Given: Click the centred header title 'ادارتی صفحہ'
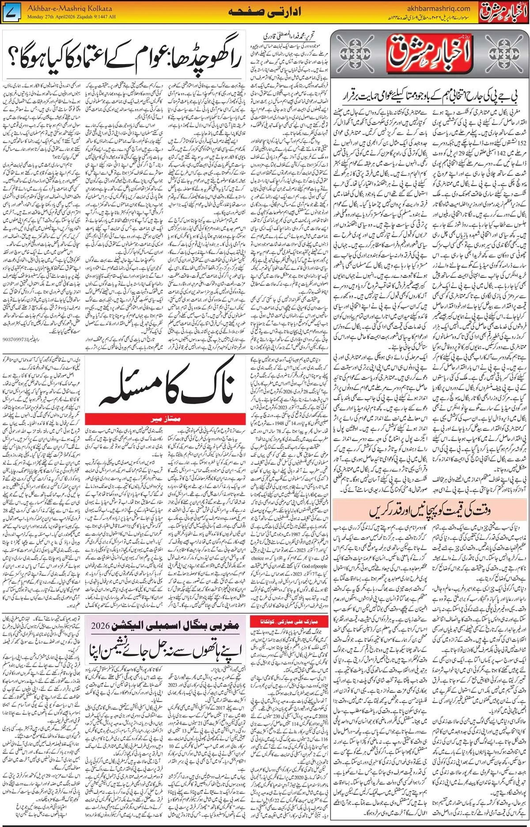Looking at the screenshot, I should click(x=265, y=12).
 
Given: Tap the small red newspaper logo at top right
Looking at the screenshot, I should click(x=503, y=11).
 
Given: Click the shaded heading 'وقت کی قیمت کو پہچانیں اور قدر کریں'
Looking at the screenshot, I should click(x=431, y=512).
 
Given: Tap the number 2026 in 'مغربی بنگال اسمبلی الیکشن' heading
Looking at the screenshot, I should click(x=104, y=626).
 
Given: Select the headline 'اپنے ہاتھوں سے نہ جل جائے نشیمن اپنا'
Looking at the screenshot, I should click(x=168, y=648).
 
